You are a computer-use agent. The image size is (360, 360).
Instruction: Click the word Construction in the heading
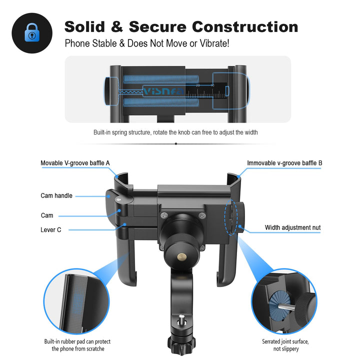click(245, 27)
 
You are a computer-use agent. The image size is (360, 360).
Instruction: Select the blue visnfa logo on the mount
click(163, 91)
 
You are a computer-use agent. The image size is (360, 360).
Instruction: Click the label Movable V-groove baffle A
click(75, 163)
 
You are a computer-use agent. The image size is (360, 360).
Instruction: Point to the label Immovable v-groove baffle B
click(284, 163)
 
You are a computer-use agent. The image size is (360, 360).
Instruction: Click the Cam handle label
click(56, 195)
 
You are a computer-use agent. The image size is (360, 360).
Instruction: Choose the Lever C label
click(50, 230)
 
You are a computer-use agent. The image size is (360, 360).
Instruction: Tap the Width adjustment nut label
click(292, 227)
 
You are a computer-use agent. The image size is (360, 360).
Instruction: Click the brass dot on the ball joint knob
click(182, 257)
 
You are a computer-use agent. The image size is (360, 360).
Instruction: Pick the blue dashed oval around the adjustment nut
click(231, 217)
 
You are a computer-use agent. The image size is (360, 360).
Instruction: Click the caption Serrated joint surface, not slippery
click(285, 345)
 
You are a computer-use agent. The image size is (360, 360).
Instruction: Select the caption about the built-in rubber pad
click(77, 345)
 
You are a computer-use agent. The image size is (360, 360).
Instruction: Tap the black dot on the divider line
click(176, 143)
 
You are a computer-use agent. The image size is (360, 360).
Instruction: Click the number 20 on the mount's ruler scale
click(197, 85)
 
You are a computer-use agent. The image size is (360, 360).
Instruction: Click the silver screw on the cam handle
click(118, 199)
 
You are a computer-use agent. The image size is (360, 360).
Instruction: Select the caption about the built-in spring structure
click(175, 132)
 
